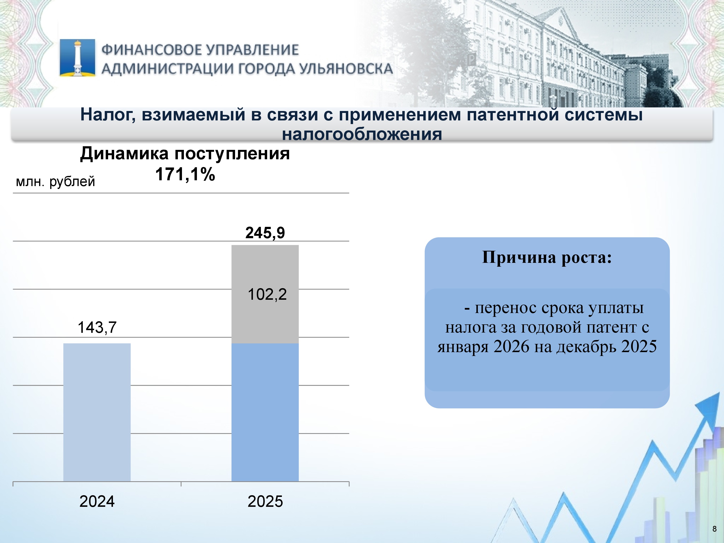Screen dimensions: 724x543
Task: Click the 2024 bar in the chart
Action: click(x=97, y=412)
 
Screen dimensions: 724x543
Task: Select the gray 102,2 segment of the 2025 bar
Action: click(x=265, y=294)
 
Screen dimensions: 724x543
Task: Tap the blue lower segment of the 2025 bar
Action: click(x=265, y=412)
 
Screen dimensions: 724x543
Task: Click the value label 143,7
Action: click(x=97, y=327)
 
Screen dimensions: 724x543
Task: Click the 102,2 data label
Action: click(x=267, y=294)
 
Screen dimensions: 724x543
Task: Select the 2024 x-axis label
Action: click(x=97, y=501)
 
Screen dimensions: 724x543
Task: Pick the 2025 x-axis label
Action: click(x=265, y=501)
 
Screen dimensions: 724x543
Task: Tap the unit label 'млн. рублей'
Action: click(x=55, y=181)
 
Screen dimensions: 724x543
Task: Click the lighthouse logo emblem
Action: click(x=77, y=58)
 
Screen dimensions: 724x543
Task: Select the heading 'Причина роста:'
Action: click(x=547, y=258)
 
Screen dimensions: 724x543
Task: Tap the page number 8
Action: click(x=714, y=529)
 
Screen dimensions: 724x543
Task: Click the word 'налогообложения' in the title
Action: click(x=362, y=134)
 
